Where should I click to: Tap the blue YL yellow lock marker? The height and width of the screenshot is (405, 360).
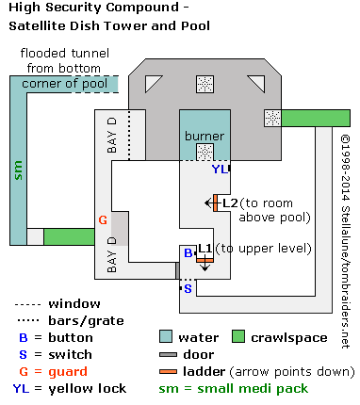pyautogui.click(x=218, y=170)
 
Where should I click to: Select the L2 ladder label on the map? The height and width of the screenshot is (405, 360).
pyautogui.click(x=230, y=202)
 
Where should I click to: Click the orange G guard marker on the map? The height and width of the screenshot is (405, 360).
pyautogui.click(x=104, y=219)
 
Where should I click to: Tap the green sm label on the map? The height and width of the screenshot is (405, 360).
pyautogui.click(x=17, y=170)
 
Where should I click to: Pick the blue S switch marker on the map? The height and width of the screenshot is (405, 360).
pyautogui.click(x=187, y=289)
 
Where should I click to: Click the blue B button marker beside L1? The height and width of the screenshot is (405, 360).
pyautogui.click(x=188, y=253)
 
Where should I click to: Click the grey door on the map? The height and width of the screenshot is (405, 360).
pyautogui.click(x=176, y=271)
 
